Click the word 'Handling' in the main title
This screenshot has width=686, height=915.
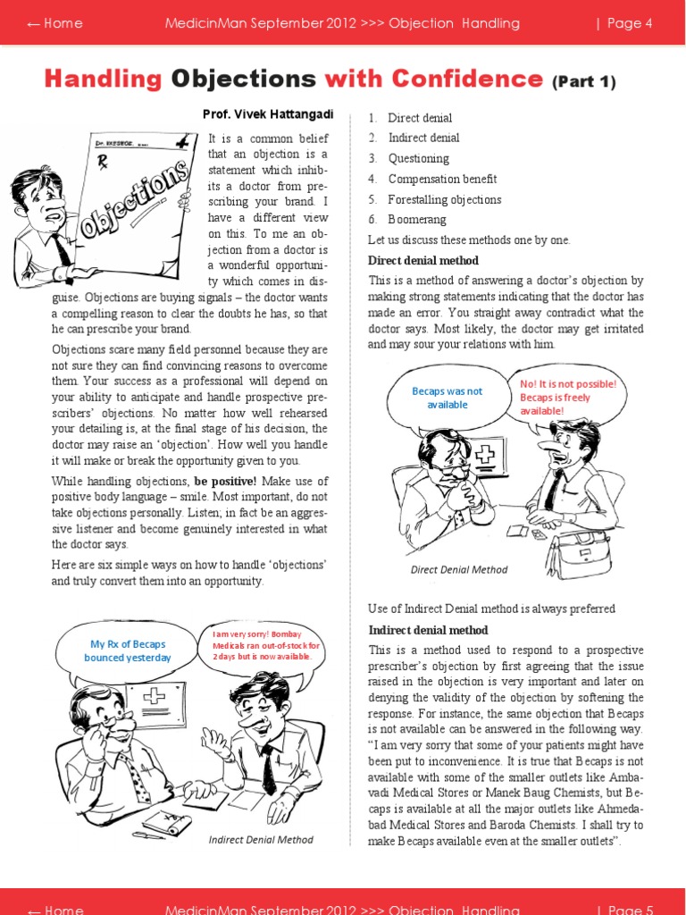[103, 80]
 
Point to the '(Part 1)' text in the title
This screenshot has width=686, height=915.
[584, 82]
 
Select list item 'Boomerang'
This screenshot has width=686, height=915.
[417, 220]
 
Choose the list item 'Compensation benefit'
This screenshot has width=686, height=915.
[442, 179]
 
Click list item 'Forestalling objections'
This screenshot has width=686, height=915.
[444, 199]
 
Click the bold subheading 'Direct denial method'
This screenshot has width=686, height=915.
[423, 261]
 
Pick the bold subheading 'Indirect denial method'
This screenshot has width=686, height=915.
[429, 630]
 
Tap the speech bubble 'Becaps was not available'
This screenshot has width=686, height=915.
[447, 398]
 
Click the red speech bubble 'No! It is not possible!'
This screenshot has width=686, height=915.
[568, 397]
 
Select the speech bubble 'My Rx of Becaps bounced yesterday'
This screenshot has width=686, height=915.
[128, 650]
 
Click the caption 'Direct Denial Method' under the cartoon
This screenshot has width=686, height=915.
[458, 569]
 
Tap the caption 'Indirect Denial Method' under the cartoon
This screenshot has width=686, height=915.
[261, 840]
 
